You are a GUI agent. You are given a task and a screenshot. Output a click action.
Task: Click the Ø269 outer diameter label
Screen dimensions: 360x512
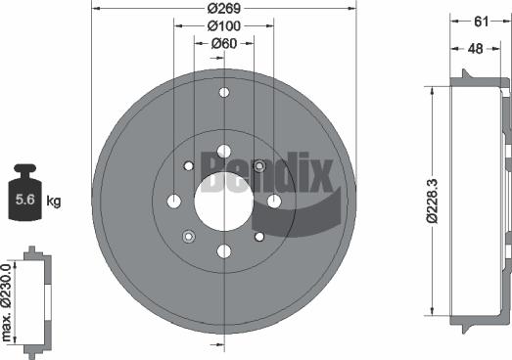(x=224, y=8)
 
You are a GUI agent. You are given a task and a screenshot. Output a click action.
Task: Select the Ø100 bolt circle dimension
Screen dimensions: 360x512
(x=223, y=26)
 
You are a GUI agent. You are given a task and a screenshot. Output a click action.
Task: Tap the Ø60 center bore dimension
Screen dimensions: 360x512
(x=223, y=44)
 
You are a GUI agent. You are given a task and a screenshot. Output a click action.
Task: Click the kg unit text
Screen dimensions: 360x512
(x=54, y=202)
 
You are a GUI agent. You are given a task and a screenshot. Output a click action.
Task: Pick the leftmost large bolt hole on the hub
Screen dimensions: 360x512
(x=174, y=202)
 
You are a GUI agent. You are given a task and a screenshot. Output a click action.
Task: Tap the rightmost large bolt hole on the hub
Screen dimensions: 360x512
(x=274, y=202)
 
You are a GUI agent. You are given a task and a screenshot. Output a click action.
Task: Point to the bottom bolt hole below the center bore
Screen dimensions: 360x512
(x=223, y=251)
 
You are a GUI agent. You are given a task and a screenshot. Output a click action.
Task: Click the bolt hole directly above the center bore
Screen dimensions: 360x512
(x=223, y=152)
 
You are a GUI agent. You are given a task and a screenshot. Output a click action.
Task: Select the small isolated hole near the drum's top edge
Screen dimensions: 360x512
(x=223, y=93)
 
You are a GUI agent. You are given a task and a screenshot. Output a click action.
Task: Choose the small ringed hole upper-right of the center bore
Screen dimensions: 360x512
(x=259, y=166)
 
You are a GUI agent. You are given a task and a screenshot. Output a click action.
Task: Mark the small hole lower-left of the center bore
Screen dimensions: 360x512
(x=189, y=236)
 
